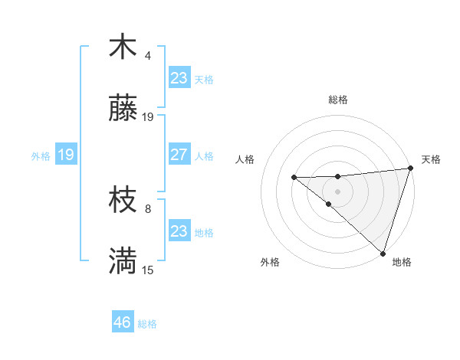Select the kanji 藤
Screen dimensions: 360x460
click(123, 109)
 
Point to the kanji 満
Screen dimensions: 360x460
click(123, 261)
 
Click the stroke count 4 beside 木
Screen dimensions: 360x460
click(148, 56)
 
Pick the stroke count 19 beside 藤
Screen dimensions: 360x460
click(148, 117)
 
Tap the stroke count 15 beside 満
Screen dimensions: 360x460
click(148, 270)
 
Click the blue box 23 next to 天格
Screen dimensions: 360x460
click(179, 78)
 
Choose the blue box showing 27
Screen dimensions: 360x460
click(179, 155)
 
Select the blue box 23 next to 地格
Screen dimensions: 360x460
click(179, 231)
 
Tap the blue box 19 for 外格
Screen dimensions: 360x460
click(65, 155)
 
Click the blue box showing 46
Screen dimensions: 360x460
click(122, 322)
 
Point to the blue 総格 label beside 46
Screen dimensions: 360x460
click(147, 324)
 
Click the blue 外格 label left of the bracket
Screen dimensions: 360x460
click(41, 156)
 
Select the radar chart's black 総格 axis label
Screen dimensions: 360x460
click(338, 100)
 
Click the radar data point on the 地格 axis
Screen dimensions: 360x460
click(383, 253)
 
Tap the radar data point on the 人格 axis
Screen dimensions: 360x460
click(294, 178)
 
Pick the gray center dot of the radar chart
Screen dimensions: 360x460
click(338, 190)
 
